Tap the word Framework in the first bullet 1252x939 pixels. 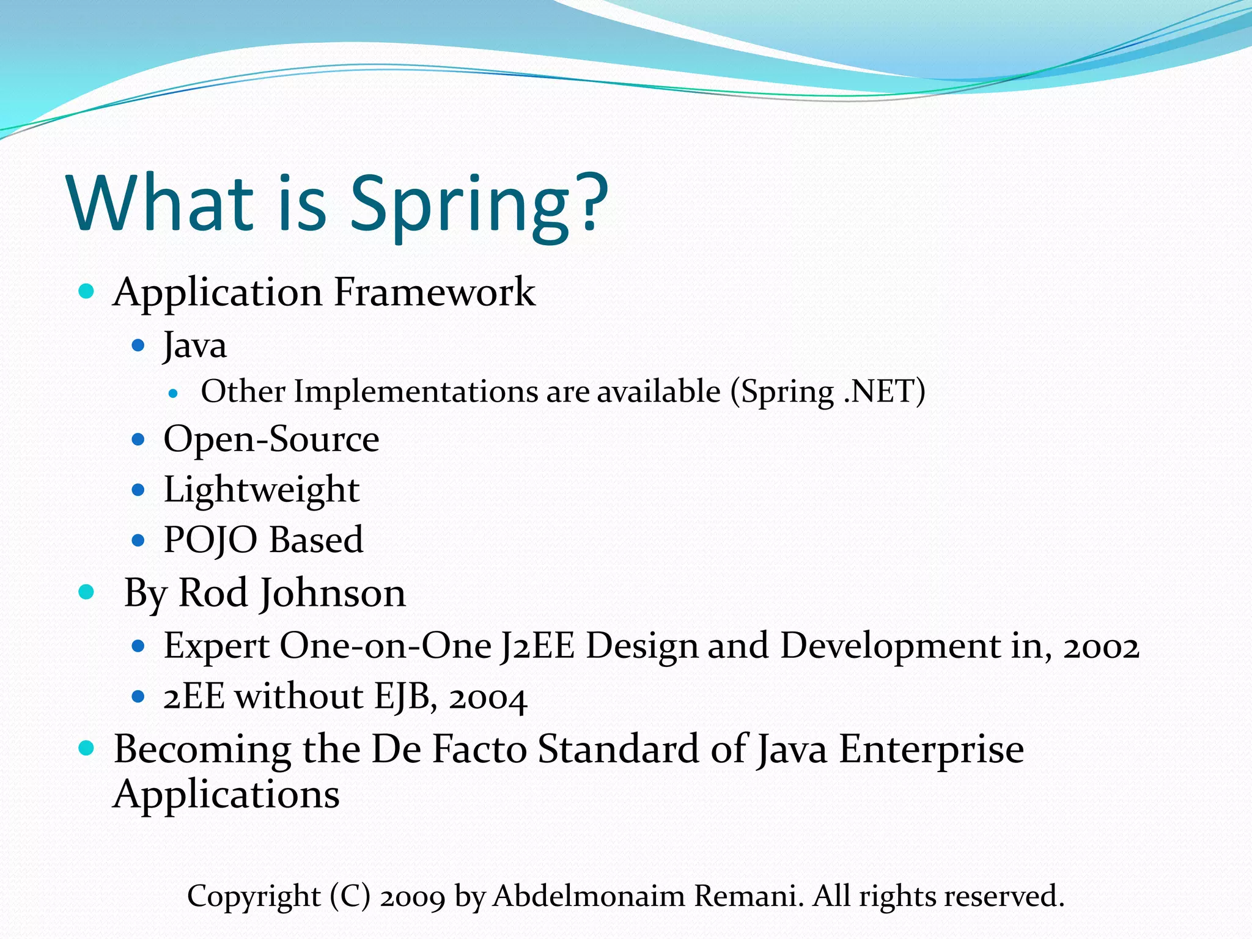(x=434, y=292)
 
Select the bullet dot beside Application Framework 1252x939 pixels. (x=87, y=291)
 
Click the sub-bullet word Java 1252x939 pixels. (x=195, y=346)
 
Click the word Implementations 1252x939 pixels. (x=416, y=392)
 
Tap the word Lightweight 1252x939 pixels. (x=261, y=490)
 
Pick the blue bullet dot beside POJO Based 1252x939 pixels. (x=138, y=540)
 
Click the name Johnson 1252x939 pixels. (x=332, y=594)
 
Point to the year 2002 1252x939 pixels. (x=1101, y=647)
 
